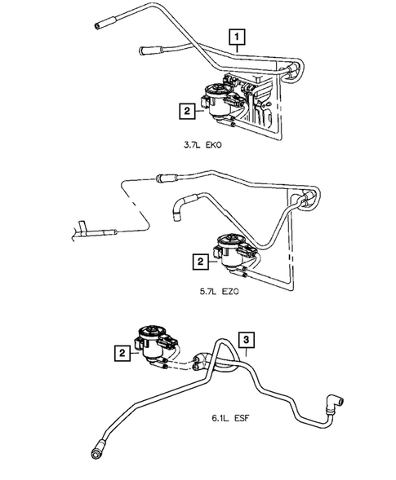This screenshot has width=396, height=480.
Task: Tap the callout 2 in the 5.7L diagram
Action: pyautogui.click(x=199, y=262)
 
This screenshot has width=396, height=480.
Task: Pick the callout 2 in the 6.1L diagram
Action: pyautogui.click(x=121, y=352)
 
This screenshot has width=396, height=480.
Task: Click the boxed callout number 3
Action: pyautogui.click(x=247, y=337)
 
